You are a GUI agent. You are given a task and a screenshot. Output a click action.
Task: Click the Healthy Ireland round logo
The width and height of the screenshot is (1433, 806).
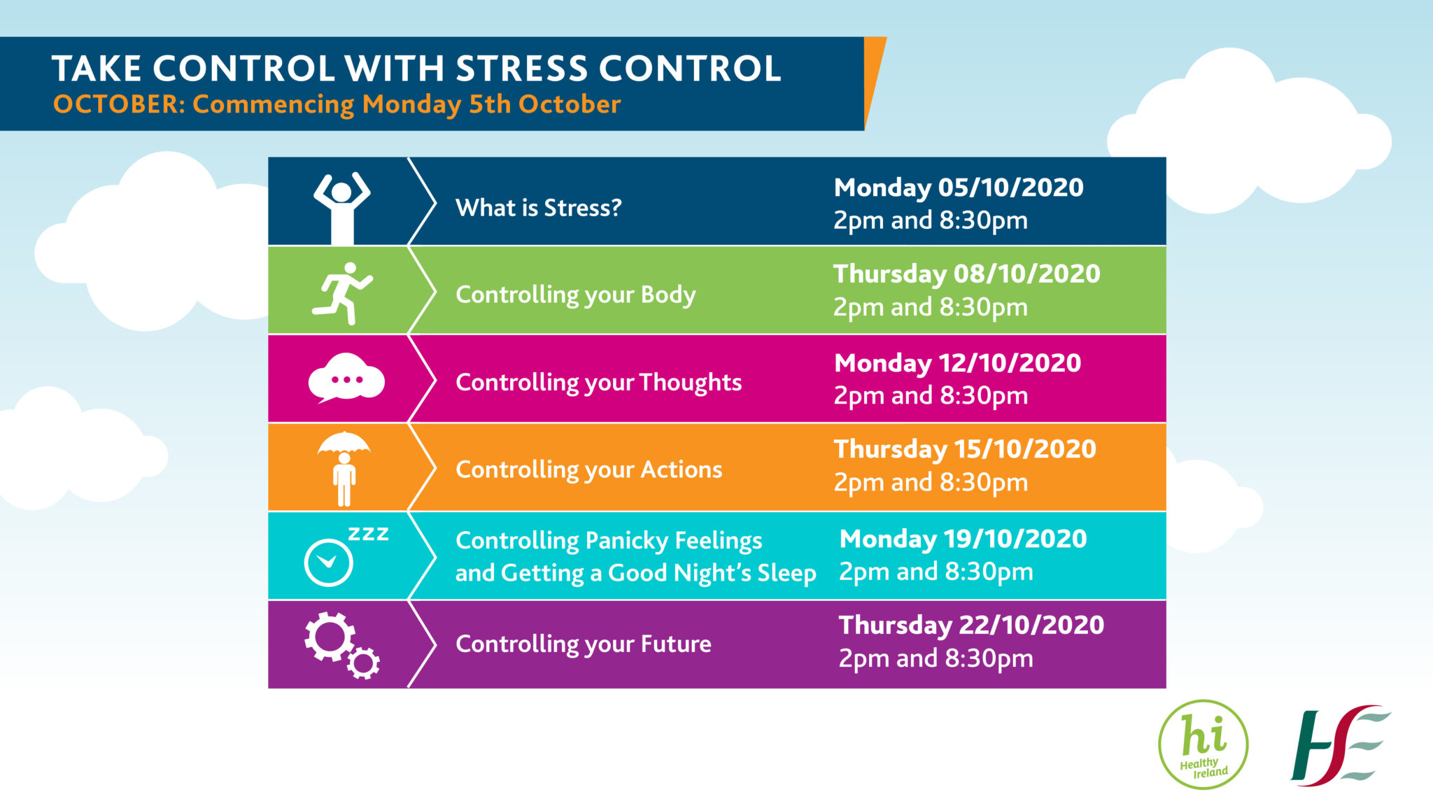(x=1203, y=744)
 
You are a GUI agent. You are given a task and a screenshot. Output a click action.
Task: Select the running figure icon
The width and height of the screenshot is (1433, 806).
(x=342, y=293)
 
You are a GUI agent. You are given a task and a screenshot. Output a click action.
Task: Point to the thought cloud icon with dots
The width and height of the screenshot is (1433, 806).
(x=346, y=379)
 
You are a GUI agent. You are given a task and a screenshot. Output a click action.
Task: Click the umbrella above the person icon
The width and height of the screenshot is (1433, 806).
(x=344, y=443)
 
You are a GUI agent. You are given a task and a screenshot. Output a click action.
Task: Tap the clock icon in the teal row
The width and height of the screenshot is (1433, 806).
(x=328, y=562)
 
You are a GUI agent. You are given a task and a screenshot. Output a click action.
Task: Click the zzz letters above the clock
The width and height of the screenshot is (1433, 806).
(x=368, y=534)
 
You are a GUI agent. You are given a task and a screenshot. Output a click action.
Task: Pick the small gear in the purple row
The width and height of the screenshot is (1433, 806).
(x=363, y=663)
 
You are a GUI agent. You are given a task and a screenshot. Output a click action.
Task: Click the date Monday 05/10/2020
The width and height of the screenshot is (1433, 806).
(x=958, y=188)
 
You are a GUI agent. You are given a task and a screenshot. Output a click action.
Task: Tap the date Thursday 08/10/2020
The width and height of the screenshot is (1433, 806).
(x=966, y=274)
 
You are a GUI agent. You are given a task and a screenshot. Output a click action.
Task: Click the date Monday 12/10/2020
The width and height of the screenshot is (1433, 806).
(x=957, y=363)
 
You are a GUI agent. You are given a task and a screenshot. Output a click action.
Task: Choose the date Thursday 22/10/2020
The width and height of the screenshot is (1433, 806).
(x=971, y=625)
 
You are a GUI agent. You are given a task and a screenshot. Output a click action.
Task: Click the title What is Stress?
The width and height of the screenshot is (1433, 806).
(x=538, y=208)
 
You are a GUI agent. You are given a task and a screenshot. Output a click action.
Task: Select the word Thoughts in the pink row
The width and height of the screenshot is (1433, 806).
(x=690, y=383)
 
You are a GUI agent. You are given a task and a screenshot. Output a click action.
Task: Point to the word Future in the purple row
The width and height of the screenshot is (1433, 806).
(x=676, y=644)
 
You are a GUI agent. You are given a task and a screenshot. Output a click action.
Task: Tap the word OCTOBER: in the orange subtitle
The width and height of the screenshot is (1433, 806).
(x=118, y=104)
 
